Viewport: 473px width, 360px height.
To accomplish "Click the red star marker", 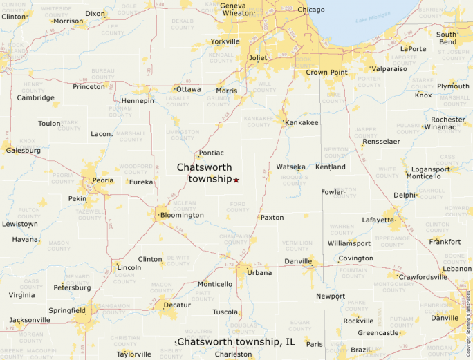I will (236, 180).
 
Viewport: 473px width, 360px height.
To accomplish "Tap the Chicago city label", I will (310, 10).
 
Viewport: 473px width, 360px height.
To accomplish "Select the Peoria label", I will (103, 180).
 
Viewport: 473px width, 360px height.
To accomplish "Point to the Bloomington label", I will (182, 215).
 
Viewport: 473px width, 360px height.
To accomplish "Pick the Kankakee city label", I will (302, 122).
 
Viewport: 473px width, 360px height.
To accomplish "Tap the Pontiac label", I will (211, 153).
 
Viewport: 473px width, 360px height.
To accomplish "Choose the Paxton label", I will (272, 217).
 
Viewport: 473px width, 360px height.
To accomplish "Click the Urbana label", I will (260, 272).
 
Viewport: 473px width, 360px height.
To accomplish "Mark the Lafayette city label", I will (378, 220).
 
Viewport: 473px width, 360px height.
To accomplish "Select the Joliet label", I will (258, 58).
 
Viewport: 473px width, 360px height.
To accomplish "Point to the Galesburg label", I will (24, 150).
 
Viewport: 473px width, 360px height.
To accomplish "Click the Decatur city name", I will (177, 304).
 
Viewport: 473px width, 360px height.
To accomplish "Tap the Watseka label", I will (291, 167).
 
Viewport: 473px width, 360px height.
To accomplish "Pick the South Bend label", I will (447, 38).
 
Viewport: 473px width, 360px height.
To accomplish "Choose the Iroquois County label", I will (294, 180).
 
